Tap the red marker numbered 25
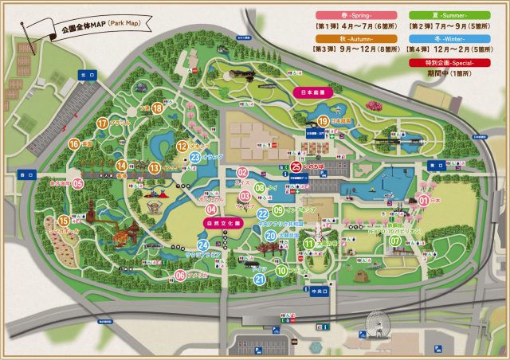(x=296, y=166)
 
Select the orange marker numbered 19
(x=323, y=120)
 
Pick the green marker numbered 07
(x=395, y=241)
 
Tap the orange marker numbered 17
(x=102, y=123)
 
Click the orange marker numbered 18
(x=158, y=108)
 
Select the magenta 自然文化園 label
(x=223, y=225)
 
